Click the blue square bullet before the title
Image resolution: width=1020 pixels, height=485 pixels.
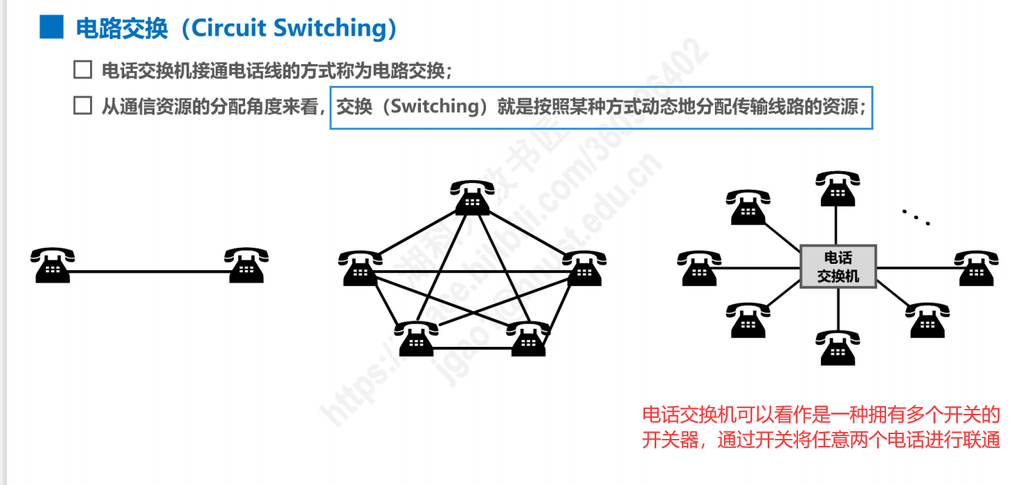[51, 27]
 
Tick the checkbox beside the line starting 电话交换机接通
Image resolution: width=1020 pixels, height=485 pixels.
[82, 70]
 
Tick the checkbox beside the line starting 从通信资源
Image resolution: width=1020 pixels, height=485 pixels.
[82, 106]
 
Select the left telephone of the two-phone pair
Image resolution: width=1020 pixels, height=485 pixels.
[52, 264]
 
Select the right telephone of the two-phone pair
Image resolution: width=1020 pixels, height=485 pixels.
[246, 264]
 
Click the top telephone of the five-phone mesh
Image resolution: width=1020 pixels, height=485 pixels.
[473, 197]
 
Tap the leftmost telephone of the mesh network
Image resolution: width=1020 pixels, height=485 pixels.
[360, 268]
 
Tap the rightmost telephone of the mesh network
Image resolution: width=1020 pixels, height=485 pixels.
[584, 268]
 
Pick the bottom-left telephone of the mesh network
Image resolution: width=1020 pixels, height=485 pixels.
[417, 338]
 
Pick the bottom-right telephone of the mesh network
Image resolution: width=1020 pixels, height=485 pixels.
[529, 338]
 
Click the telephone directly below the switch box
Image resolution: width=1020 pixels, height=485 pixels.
[837, 347]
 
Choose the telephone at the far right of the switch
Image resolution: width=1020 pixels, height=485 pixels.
[976, 268]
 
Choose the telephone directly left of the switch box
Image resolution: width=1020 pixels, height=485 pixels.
[699, 268]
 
